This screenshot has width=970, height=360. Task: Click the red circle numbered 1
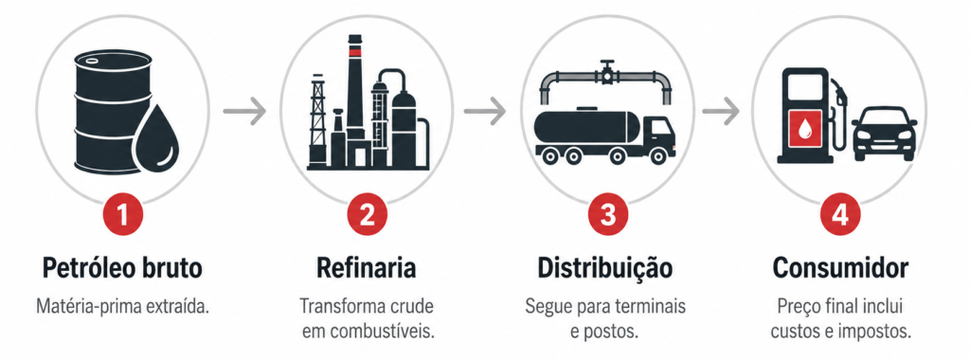point(122,215)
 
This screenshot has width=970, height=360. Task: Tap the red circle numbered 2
point(367,215)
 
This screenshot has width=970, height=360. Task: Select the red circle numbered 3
point(608,215)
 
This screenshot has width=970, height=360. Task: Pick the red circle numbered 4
point(840,215)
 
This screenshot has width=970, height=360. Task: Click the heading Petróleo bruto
point(122,268)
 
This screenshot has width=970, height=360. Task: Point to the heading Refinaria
point(367,268)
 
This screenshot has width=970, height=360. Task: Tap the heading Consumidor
point(841,268)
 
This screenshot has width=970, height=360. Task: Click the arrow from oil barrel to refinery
point(244,112)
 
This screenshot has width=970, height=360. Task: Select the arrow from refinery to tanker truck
point(485,112)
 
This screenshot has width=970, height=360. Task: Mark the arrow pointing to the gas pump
point(721,112)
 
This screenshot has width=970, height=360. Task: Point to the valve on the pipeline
point(607,71)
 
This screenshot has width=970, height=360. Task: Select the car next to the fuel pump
point(885,133)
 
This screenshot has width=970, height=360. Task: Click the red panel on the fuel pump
point(805,129)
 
